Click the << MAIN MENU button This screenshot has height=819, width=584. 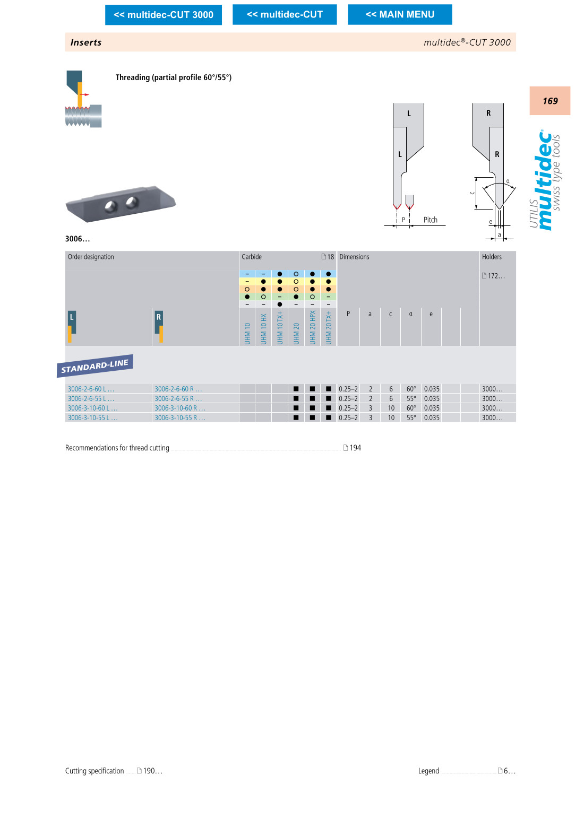point(400,15)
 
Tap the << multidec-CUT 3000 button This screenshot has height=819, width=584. point(163,15)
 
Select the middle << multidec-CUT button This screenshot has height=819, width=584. point(285,15)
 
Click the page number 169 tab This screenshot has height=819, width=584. point(549,101)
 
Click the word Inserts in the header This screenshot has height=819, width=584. point(86,42)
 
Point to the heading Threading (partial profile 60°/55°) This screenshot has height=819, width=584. point(174,77)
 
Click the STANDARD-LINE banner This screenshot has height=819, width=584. point(95,365)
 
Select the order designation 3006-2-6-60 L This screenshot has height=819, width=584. point(91,389)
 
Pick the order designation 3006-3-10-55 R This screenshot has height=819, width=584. point(179,417)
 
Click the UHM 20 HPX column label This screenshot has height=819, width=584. point(313,328)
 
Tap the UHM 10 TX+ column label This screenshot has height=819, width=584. point(280,328)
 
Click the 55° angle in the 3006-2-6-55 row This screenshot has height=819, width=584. point(411,398)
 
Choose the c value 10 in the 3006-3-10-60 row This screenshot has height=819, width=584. point(391,408)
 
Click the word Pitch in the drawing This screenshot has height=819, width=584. point(431,220)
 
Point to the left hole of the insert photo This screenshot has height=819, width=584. point(111,206)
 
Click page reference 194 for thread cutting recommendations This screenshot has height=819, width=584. point(355,448)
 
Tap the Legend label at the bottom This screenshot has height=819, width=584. point(428,771)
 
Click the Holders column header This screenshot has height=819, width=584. point(492,257)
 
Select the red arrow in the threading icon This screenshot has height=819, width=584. point(84,95)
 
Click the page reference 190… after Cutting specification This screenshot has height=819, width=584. point(152,771)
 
